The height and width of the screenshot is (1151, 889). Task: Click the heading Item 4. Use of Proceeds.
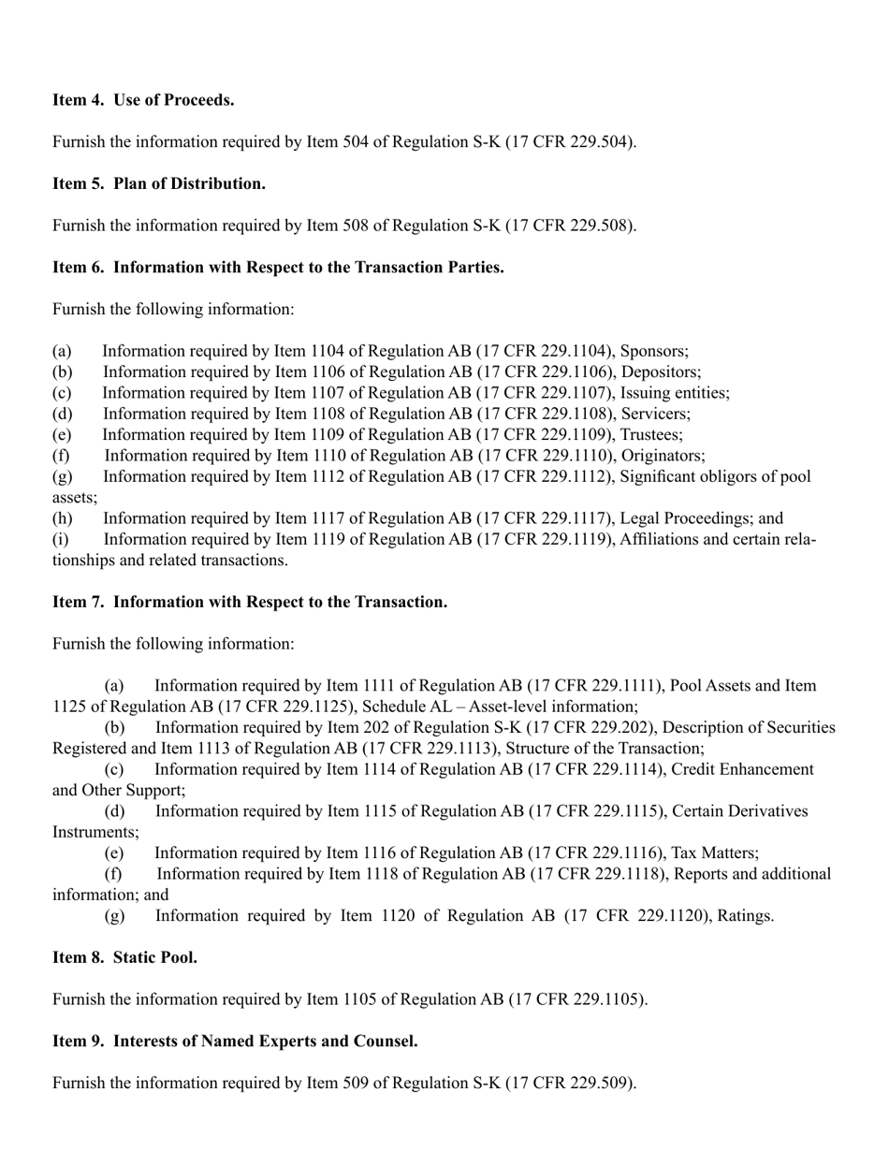click(x=143, y=100)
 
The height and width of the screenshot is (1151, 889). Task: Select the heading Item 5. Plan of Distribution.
click(x=159, y=183)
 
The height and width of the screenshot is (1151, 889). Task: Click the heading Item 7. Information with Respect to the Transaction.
click(x=250, y=602)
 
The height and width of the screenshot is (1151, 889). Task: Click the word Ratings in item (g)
click(x=745, y=916)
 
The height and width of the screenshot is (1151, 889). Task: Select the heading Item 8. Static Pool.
click(x=124, y=957)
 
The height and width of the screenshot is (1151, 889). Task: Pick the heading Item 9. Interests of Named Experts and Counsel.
click(x=235, y=1042)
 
